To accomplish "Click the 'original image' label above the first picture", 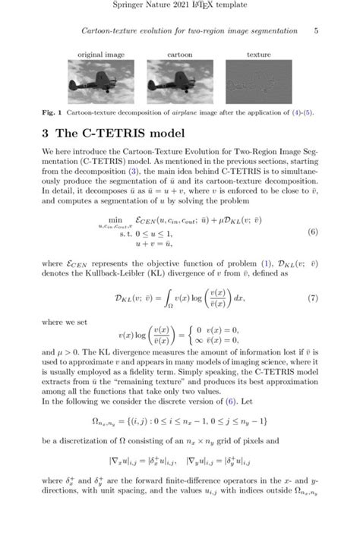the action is pos(101,55).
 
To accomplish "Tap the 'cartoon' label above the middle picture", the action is pos(180,55).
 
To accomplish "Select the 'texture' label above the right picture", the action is pos(259,55).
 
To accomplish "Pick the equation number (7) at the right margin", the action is pos(312,277).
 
